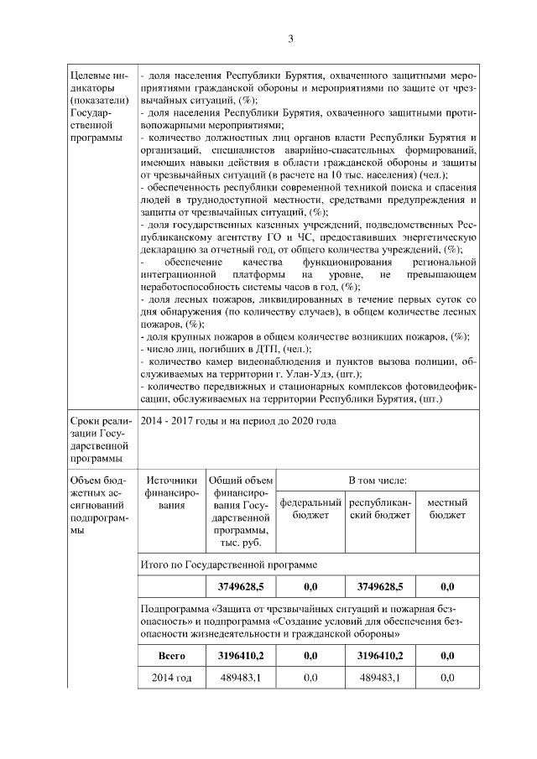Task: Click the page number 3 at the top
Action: click(x=289, y=39)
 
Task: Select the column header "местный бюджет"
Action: click(x=446, y=508)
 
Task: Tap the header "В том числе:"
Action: click(x=378, y=481)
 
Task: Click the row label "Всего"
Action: click(x=172, y=655)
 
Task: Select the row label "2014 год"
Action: click(x=172, y=678)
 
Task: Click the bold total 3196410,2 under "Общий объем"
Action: click(x=241, y=655)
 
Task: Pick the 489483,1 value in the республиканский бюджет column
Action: click(x=378, y=678)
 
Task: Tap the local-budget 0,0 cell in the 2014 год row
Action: click(x=446, y=678)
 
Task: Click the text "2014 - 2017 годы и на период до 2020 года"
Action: click(x=237, y=420)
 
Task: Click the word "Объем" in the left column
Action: click(x=90, y=481)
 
